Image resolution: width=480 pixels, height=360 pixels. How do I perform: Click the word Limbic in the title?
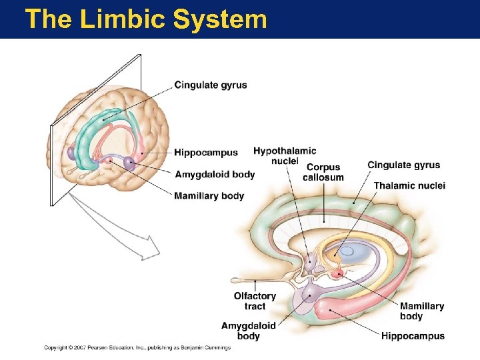(x=123, y=19)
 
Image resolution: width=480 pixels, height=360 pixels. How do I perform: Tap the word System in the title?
(x=220, y=19)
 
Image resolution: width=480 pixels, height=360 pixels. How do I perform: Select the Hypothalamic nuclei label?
(x=285, y=156)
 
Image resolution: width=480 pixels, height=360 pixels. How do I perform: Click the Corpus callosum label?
(x=323, y=172)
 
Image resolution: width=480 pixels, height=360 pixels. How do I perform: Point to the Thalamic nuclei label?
(x=409, y=185)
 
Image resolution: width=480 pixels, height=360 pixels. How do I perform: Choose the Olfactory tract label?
(x=255, y=301)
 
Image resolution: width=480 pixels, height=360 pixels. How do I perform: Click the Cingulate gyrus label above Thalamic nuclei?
(x=403, y=165)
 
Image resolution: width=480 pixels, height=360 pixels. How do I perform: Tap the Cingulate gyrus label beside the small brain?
(x=211, y=85)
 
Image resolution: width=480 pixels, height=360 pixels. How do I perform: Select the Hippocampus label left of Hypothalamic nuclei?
(x=206, y=153)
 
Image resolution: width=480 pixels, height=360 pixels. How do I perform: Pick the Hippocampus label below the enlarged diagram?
(x=413, y=336)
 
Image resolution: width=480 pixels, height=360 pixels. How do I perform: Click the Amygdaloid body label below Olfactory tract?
(x=248, y=331)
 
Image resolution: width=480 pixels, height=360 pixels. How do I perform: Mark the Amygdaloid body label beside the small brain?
(x=215, y=175)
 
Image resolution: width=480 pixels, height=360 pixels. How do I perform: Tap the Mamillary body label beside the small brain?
(x=209, y=196)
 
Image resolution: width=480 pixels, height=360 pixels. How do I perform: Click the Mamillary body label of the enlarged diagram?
(x=421, y=311)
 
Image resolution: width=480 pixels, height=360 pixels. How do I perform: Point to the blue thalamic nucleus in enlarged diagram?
(x=349, y=253)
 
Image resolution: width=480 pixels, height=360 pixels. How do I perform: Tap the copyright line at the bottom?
(x=137, y=347)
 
